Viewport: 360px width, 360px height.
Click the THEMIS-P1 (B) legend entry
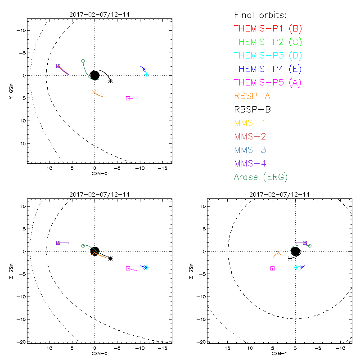(268, 29)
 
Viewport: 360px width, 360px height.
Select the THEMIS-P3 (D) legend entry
(268, 56)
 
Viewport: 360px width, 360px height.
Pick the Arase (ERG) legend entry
(261, 177)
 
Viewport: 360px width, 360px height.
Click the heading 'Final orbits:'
(260, 14)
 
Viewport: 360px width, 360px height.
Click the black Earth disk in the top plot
(95, 75)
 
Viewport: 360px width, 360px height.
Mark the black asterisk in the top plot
(111, 81)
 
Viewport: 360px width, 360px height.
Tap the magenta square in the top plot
(128, 98)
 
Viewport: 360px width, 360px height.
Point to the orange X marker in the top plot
(94, 92)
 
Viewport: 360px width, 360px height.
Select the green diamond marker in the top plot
(83, 61)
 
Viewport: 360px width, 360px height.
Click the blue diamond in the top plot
(144, 69)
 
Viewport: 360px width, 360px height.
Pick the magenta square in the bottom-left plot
(128, 268)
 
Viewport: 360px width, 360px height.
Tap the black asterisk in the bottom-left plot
(111, 258)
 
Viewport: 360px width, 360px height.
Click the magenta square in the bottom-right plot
(272, 269)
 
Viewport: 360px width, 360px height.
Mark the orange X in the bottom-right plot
(279, 253)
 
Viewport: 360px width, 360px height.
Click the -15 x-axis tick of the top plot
(163, 168)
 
